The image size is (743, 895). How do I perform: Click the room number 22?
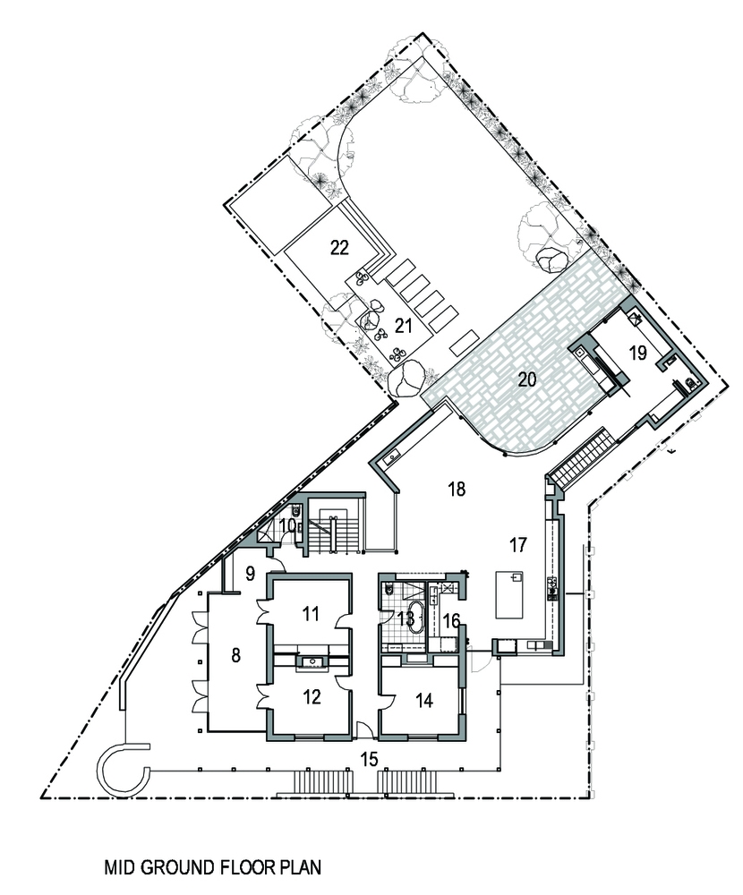339,248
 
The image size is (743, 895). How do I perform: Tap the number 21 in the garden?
403,326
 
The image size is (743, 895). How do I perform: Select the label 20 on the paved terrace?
527,379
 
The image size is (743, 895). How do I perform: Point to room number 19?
637,353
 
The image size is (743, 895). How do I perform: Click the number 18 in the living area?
457,490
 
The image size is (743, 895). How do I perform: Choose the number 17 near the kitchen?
517,545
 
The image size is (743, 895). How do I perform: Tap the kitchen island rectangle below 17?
509,595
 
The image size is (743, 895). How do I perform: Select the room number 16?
451,620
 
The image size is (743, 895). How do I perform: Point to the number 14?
424,701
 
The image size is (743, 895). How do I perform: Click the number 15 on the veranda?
370,759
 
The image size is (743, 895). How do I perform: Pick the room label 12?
312,697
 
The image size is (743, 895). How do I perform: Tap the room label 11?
311,614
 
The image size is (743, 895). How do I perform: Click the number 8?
235,656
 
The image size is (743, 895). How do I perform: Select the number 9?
250,574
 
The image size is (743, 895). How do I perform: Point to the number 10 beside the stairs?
289,524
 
